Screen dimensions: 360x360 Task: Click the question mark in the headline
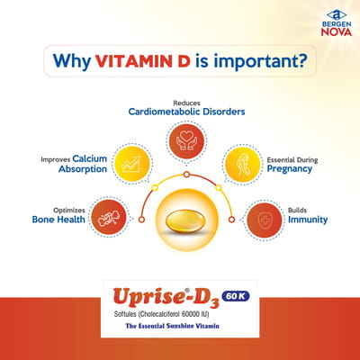click(x=308, y=63)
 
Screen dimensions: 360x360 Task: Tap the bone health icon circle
click(x=110, y=216)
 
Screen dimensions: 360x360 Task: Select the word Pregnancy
click(x=290, y=169)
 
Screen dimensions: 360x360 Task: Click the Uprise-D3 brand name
click(x=158, y=298)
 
